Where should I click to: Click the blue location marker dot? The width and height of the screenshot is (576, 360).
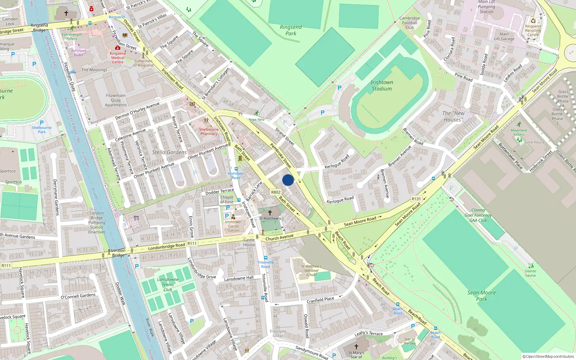288,180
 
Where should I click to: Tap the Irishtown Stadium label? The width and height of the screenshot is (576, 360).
382,86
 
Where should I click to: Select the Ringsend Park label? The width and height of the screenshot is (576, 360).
291,30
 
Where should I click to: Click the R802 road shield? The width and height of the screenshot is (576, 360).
276,192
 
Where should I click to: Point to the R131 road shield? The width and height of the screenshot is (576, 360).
416,199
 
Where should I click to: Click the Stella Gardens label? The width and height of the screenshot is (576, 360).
169,152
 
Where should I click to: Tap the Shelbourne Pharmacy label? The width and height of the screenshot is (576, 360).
209,131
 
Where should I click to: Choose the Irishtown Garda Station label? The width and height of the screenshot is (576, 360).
233,226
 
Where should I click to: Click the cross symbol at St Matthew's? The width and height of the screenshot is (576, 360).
270,213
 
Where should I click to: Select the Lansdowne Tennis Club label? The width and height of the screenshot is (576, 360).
168,284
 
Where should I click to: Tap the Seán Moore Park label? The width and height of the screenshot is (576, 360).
482,296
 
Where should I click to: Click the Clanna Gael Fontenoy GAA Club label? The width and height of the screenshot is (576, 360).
478,215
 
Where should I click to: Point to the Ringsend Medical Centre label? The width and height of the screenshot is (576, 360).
118,58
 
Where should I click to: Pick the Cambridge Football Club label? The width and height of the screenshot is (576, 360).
410,23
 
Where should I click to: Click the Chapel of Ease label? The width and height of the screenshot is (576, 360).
227,199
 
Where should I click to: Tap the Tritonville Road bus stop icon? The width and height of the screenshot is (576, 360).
266,258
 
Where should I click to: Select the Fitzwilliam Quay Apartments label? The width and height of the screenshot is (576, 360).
116,100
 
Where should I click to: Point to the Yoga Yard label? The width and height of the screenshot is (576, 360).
256,120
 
